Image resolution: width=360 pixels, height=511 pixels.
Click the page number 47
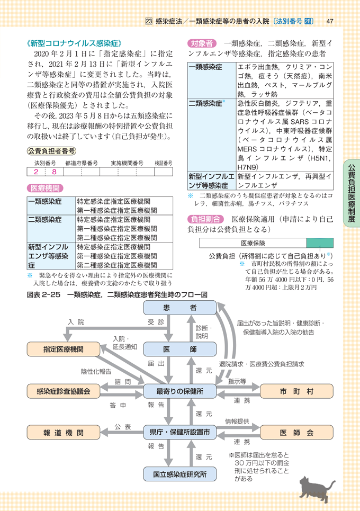(x=329, y=21)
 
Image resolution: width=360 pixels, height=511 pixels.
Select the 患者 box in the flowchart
(x=180, y=308)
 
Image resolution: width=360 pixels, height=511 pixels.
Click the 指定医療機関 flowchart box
(x=64, y=349)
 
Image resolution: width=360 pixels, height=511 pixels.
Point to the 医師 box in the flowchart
(x=180, y=349)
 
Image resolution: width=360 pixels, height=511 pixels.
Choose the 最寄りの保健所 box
(x=180, y=391)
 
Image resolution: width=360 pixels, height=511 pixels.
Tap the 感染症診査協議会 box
(x=64, y=391)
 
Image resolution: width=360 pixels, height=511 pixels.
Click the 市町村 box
(x=296, y=391)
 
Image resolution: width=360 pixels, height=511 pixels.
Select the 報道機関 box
(x=64, y=433)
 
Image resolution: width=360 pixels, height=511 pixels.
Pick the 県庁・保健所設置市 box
(x=180, y=433)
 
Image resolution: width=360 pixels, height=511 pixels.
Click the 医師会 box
(x=296, y=433)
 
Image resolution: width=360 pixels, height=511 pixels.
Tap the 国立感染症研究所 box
(x=180, y=474)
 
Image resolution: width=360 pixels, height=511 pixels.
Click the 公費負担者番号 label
(x=52, y=151)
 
